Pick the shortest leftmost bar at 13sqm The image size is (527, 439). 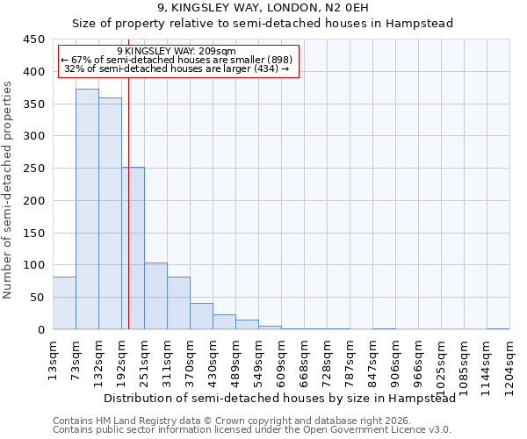pyautogui.click(x=64, y=303)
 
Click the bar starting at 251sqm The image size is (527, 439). pyautogui.click(x=155, y=296)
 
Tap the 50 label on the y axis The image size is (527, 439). pyautogui.click(x=38, y=297)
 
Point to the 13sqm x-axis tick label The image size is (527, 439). pyautogui.click(x=53, y=359)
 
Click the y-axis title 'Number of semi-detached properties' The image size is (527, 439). pyautogui.click(x=8, y=189)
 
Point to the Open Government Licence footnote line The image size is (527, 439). pyautogui.click(x=252, y=429)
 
